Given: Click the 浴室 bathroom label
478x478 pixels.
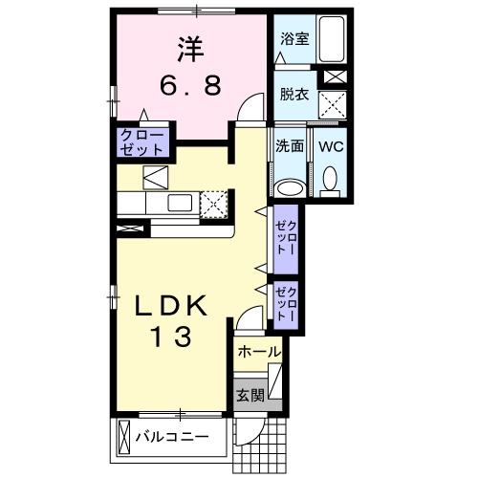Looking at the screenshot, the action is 294,39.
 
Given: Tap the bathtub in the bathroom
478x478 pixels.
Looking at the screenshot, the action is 332,39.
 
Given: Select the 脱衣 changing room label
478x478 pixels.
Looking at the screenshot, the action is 294,95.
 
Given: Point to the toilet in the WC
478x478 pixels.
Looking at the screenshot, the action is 330,182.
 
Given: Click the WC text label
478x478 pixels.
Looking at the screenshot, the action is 331,146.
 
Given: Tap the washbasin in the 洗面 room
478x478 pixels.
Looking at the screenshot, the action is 290,188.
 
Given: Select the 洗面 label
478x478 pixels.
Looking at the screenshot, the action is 290,146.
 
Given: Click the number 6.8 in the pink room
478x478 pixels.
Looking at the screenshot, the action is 190,85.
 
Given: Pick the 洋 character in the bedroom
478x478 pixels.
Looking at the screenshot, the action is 190,50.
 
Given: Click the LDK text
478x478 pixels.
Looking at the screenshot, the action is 170,306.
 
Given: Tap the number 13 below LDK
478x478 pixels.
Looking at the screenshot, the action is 172,337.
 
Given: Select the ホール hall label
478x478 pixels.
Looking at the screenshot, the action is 259,352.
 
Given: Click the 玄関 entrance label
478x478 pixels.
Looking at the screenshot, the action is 250,396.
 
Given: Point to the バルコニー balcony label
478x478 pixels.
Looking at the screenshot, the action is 172,437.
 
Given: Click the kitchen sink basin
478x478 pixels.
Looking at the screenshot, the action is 180,203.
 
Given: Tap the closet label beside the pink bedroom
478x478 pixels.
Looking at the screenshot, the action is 141,142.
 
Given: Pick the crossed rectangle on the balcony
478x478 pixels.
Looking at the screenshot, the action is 124,438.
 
